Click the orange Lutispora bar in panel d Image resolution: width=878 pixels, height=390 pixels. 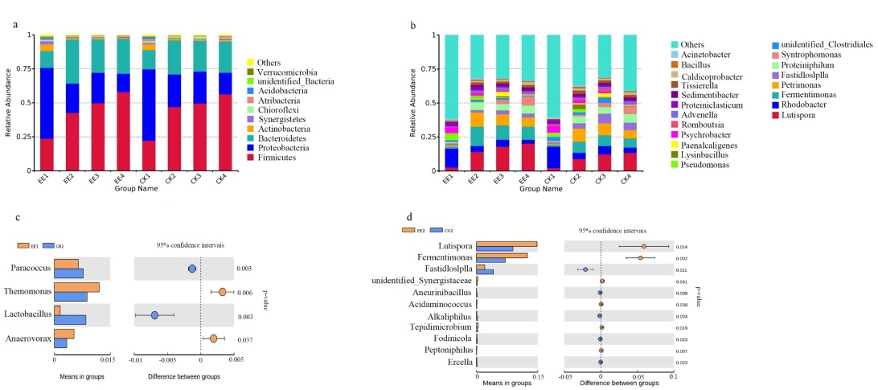507,244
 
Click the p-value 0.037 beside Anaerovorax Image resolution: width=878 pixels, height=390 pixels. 245,340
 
